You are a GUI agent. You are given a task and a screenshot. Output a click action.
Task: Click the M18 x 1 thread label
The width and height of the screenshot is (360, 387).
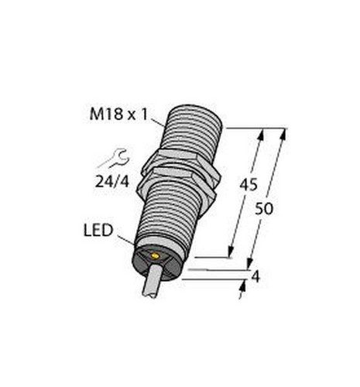[x=119, y=115]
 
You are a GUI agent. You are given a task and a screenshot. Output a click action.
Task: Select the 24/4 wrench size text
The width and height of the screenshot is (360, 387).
[x=112, y=182]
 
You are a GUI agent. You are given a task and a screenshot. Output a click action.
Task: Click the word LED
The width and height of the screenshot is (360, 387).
[x=98, y=231]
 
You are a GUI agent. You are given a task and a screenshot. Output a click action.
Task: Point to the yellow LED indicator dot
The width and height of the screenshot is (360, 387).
[x=155, y=255]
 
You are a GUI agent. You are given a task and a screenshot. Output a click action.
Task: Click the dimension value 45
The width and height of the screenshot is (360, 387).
[x=249, y=185]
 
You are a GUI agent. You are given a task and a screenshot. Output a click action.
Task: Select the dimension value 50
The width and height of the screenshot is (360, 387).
[x=264, y=209]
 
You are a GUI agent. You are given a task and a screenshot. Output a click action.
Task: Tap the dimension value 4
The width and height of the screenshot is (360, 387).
[x=255, y=277]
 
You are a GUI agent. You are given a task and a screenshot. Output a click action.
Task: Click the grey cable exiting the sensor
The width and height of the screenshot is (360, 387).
[x=153, y=282]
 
